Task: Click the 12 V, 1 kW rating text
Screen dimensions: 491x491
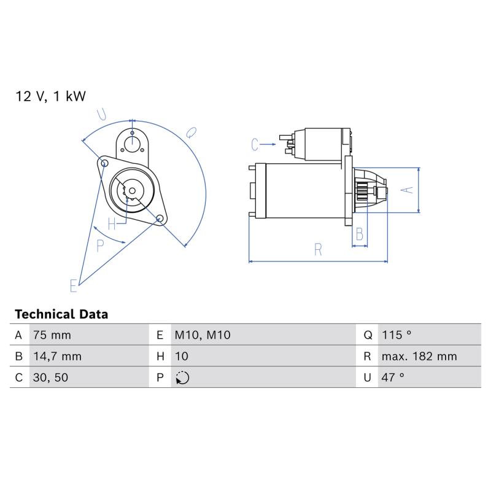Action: click(x=50, y=96)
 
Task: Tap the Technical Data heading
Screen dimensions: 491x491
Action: click(x=61, y=314)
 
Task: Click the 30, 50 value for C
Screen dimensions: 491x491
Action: click(x=50, y=377)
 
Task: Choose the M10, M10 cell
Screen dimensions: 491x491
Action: click(x=203, y=335)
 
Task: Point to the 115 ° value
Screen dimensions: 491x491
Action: click(x=396, y=335)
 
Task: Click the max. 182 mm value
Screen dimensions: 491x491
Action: click(x=419, y=357)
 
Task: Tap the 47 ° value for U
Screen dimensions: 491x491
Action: click(x=393, y=377)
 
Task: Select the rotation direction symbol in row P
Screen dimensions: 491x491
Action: click(x=182, y=377)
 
